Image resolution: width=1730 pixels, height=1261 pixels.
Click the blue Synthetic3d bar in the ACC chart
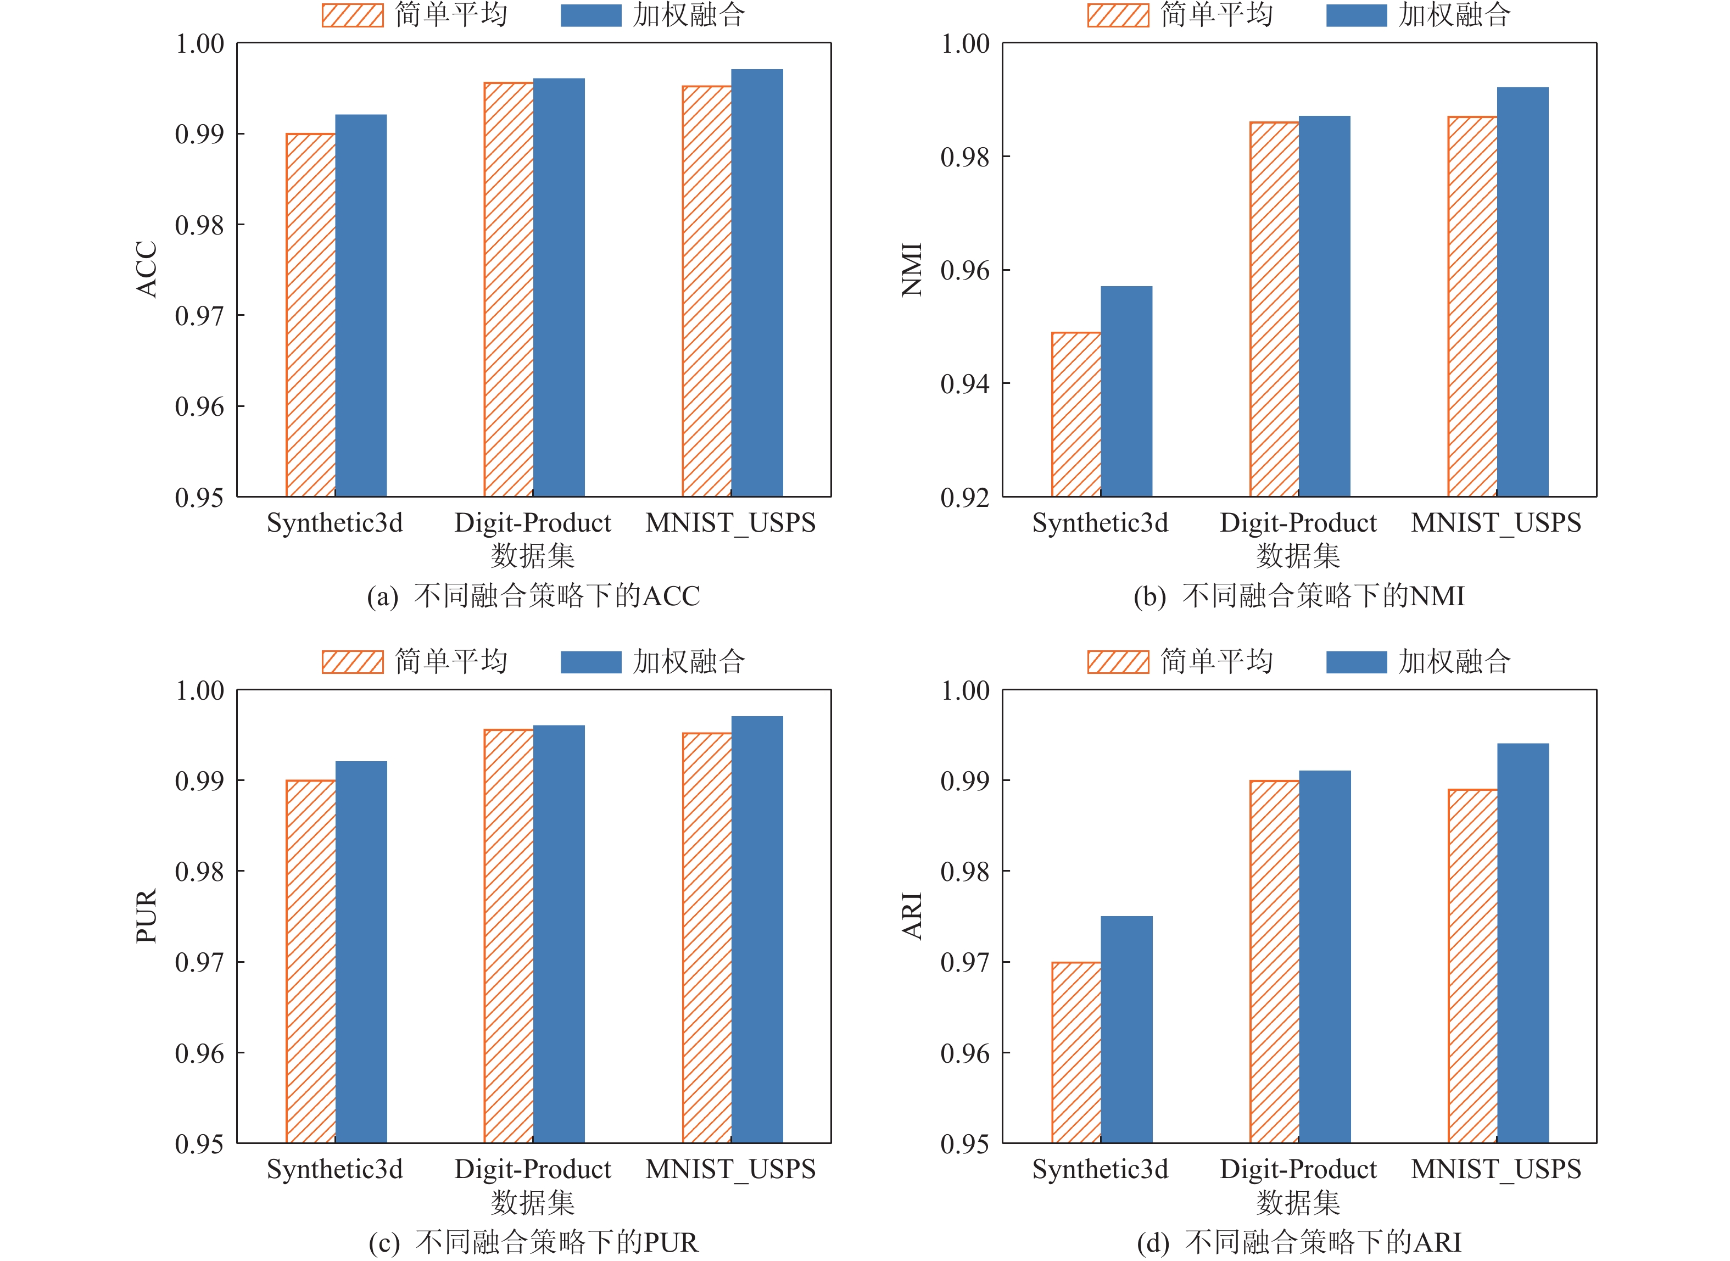tap(361, 305)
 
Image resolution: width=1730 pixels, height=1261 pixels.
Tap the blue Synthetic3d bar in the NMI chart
tap(1126, 392)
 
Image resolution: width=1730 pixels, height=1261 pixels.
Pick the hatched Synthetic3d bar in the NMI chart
tap(1076, 415)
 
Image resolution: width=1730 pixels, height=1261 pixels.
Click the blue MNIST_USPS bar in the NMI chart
tap(1522, 292)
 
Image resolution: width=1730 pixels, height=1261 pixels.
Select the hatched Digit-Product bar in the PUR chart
tap(508, 936)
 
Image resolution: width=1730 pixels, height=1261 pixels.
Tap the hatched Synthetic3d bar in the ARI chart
tap(1076, 1053)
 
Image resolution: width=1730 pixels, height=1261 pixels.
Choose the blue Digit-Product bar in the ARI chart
tap(1325, 956)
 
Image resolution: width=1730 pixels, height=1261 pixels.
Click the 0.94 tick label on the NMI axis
tap(964, 384)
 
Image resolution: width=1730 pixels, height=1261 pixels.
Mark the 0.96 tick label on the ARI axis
tap(964, 1053)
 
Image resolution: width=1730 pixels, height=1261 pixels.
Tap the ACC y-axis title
tap(147, 270)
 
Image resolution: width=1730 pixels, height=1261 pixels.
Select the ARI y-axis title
tap(912, 916)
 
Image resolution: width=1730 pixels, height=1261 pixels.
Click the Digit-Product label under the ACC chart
tap(533, 523)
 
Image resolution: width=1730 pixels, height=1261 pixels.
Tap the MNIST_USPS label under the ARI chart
tap(1495, 1169)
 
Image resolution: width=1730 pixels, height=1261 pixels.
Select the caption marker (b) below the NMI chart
tap(1149, 596)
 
